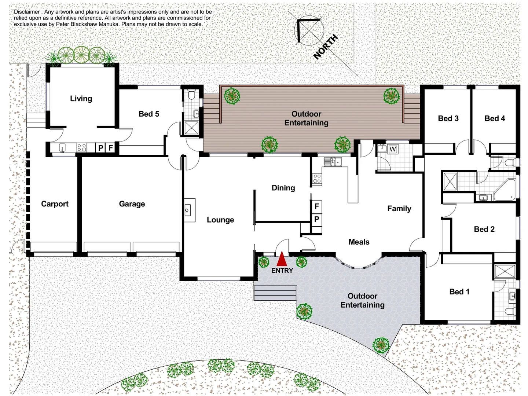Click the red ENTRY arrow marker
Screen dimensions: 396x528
pos(282,259)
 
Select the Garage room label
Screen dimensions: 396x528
pos(132,204)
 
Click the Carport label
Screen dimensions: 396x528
pos(55,204)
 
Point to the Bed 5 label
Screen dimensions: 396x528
pos(149,114)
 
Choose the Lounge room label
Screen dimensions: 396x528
pos(220,220)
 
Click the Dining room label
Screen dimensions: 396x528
pos(283,188)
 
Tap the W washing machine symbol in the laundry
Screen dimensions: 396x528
pos(393,149)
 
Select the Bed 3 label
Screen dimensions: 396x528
pos(448,118)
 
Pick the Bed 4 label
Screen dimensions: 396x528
pos(495,118)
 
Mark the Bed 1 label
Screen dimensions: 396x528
pos(459,291)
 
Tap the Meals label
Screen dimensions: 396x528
pos(359,242)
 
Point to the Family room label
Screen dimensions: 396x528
pos(399,209)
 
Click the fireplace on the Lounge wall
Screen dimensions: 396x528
pos(189,210)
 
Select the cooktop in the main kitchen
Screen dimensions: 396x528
pos(317,179)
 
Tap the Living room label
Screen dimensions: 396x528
pos(81,99)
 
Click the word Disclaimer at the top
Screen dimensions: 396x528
pos(27,12)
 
